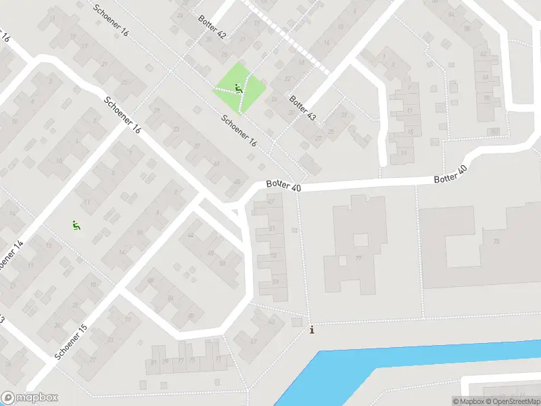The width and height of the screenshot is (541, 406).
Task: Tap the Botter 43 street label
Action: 302,108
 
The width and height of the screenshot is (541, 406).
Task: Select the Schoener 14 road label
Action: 10,254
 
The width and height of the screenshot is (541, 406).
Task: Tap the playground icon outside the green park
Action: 76,225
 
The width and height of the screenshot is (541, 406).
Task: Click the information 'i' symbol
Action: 311,330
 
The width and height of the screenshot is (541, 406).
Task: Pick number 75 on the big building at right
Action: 496,241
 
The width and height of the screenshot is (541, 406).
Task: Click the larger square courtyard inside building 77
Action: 361,240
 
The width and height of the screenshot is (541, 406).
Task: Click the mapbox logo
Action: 30,398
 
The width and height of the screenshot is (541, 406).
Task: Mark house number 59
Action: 275,282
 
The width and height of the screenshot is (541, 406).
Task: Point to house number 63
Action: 271,321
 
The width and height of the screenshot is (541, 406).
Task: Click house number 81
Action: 154,362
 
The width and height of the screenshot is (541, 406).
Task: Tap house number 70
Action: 487,97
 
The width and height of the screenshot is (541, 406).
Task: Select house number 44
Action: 191,235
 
